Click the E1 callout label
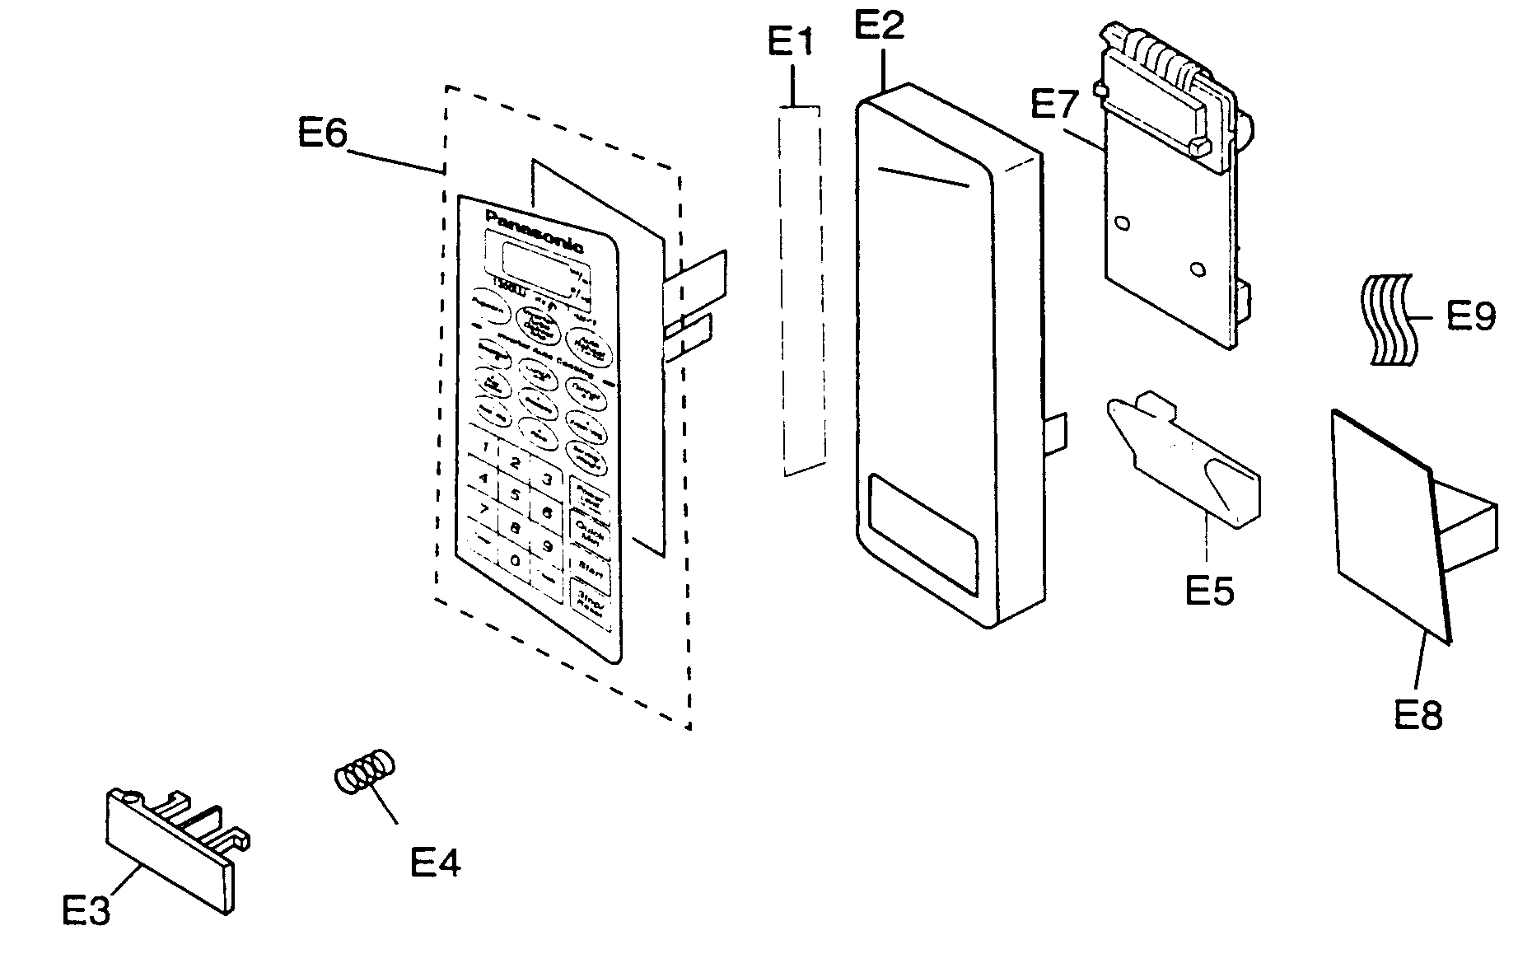[790, 43]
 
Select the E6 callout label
[322, 133]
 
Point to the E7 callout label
[1054, 107]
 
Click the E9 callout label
[1471, 316]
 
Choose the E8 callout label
[1418, 714]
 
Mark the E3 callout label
[86, 911]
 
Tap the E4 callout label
[435, 863]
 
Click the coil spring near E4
[364, 772]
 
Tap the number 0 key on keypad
[515, 561]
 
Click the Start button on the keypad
[588, 567]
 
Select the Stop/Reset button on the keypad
[590, 601]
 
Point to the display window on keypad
[531, 265]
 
